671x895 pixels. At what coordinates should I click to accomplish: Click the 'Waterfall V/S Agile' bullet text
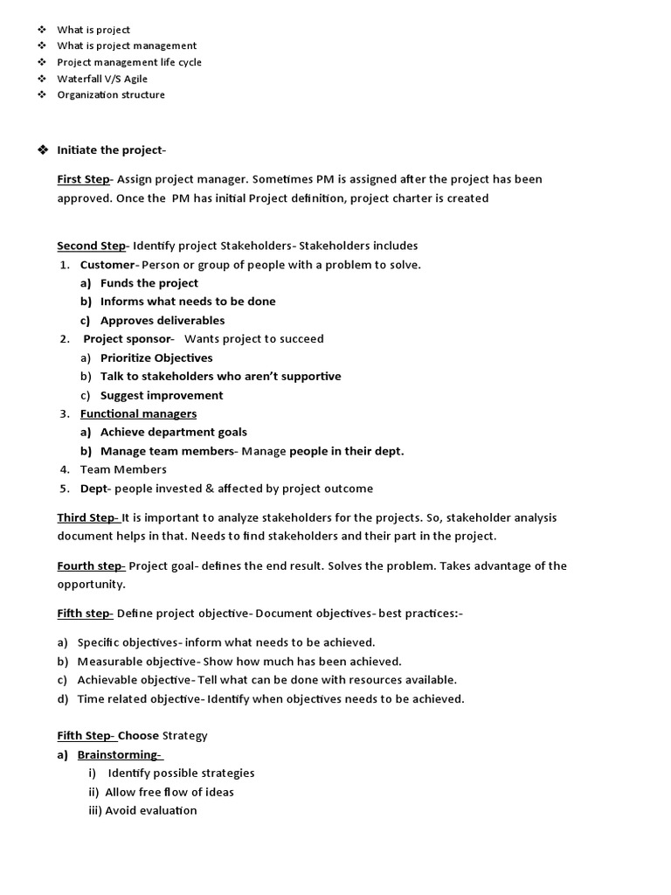(102, 79)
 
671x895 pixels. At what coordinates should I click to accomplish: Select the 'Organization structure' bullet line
(111, 94)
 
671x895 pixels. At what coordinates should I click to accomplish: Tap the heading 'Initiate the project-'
(111, 150)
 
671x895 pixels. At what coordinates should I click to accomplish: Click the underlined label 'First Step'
(83, 179)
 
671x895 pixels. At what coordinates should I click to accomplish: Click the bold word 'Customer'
(107, 265)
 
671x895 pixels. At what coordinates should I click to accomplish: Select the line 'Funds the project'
(149, 283)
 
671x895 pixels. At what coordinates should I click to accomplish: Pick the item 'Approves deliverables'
(163, 321)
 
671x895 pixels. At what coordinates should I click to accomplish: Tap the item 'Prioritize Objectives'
(156, 358)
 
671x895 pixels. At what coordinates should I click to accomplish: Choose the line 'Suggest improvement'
(162, 396)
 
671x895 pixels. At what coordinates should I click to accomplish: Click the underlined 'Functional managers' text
(138, 413)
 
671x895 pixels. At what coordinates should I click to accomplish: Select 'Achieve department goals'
(174, 433)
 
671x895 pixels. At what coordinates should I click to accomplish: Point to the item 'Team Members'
(123, 469)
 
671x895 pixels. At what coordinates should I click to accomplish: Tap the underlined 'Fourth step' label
(91, 565)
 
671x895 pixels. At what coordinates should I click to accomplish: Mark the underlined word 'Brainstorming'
(119, 754)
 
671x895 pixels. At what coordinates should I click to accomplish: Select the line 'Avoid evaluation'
(151, 810)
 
